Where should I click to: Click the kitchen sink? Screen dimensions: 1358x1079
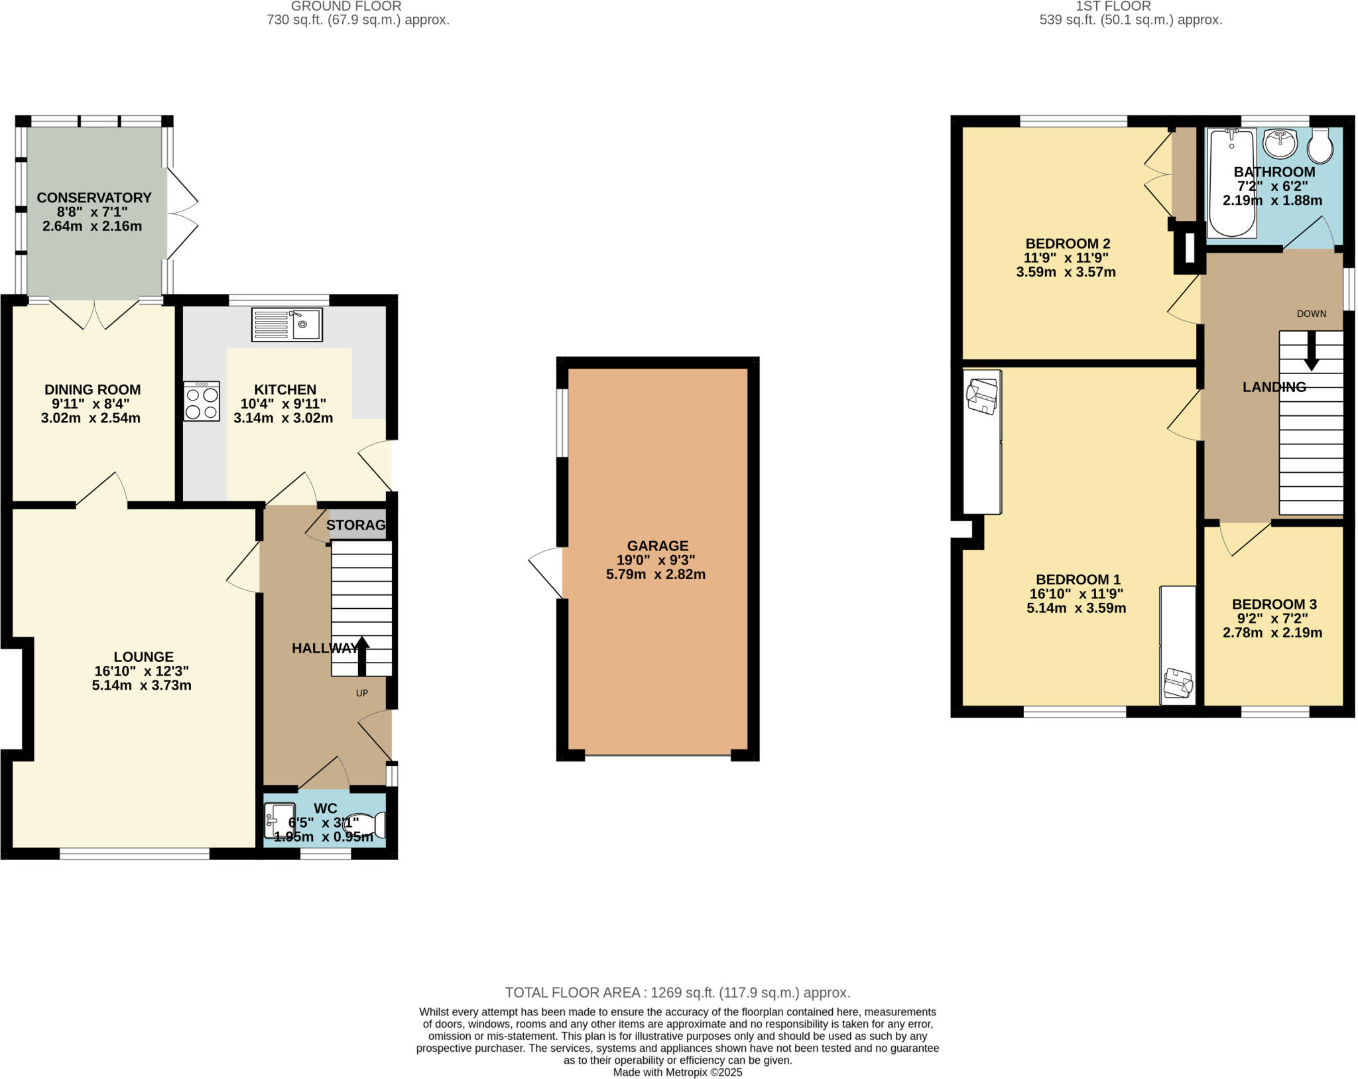point(287,324)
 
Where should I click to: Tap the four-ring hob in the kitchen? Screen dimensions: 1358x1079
point(202,401)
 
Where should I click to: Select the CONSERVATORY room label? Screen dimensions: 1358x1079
point(94,198)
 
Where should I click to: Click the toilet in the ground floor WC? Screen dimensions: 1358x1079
point(364,825)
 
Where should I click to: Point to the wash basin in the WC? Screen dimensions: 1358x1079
point(279,820)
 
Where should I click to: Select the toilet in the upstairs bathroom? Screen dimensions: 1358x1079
point(1320,147)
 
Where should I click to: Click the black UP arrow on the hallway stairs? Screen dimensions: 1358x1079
point(362,656)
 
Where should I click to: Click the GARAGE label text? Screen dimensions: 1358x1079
point(658,546)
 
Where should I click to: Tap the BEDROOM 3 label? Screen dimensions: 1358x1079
point(1274,604)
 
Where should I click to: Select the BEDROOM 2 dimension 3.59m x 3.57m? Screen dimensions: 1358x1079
point(1066,272)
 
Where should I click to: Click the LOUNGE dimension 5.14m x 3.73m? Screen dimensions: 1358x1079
point(142,685)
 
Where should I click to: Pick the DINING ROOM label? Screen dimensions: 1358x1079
point(93,389)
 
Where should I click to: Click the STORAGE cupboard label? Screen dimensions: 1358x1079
point(356,525)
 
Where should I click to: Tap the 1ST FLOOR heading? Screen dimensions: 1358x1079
point(1131,6)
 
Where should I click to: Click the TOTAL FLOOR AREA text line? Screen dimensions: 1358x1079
point(678,993)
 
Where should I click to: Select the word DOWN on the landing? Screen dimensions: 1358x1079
point(1312,314)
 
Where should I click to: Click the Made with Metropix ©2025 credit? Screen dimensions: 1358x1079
point(678,1072)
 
